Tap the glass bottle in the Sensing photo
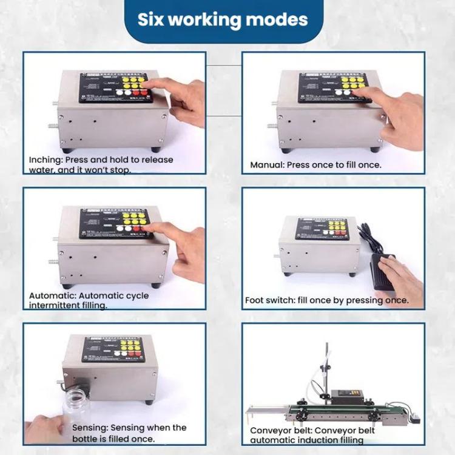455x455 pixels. (76, 406)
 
